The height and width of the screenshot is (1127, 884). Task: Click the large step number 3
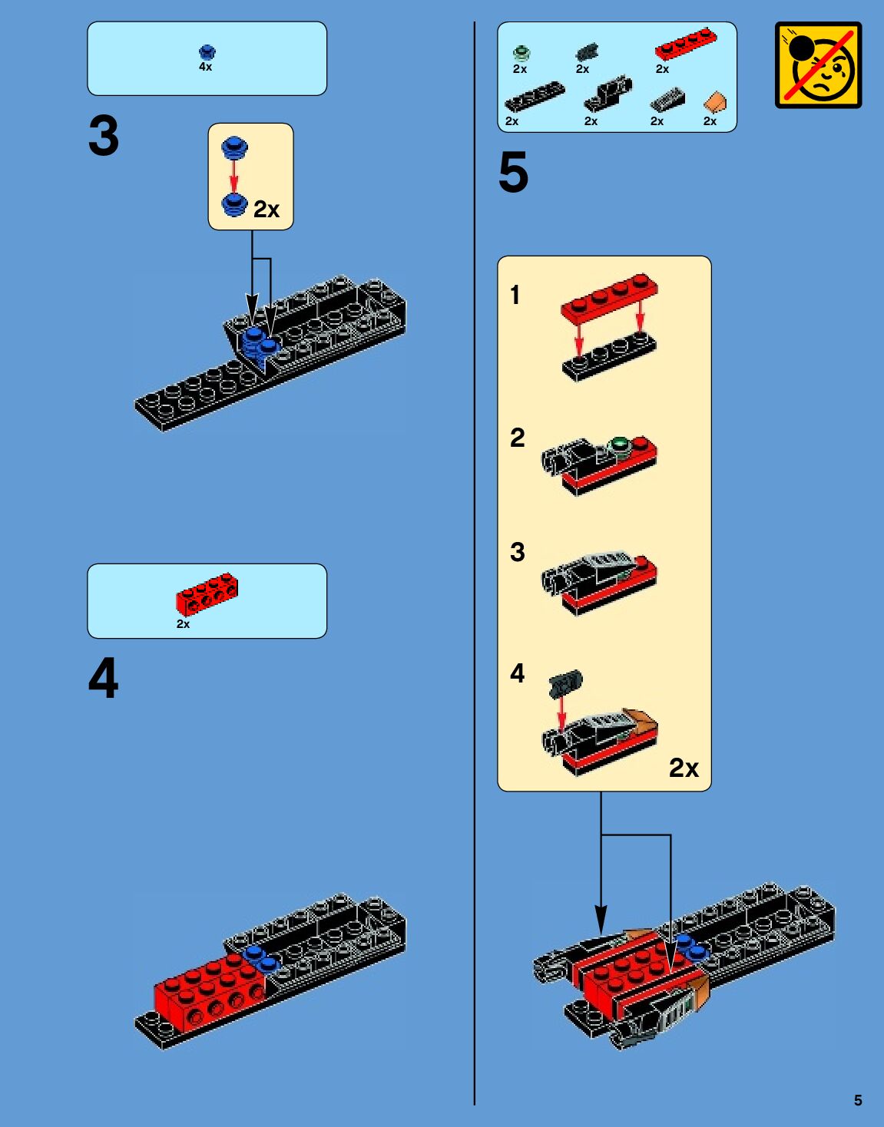click(x=104, y=136)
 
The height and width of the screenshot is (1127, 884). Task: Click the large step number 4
click(x=104, y=678)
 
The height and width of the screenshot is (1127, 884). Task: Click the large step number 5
click(x=513, y=172)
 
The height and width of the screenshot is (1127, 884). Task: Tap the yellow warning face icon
click(x=818, y=64)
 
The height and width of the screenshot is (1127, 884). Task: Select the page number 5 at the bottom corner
click(x=858, y=1100)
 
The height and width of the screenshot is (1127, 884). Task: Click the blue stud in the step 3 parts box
click(x=207, y=52)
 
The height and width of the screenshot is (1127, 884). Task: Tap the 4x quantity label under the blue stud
click(x=205, y=67)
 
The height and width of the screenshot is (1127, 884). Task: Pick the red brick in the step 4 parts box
click(x=207, y=594)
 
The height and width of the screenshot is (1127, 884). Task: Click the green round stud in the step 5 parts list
click(x=521, y=53)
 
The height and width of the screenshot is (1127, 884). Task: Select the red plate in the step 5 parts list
click(x=686, y=44)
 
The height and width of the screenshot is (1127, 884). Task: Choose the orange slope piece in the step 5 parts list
click(x=715, y=101)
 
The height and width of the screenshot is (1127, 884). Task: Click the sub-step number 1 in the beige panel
click(x=515, y=295)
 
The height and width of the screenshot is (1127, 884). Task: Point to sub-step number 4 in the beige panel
click(x=517, y=673)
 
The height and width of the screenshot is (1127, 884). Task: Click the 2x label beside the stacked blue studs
click(x=267, y=210)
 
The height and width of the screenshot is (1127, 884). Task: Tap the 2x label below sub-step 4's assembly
click(x=684, y=768)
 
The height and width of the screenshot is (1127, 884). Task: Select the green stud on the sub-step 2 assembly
click(x=618, y=445)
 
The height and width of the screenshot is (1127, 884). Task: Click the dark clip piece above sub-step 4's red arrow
click(x=566, y=683)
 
